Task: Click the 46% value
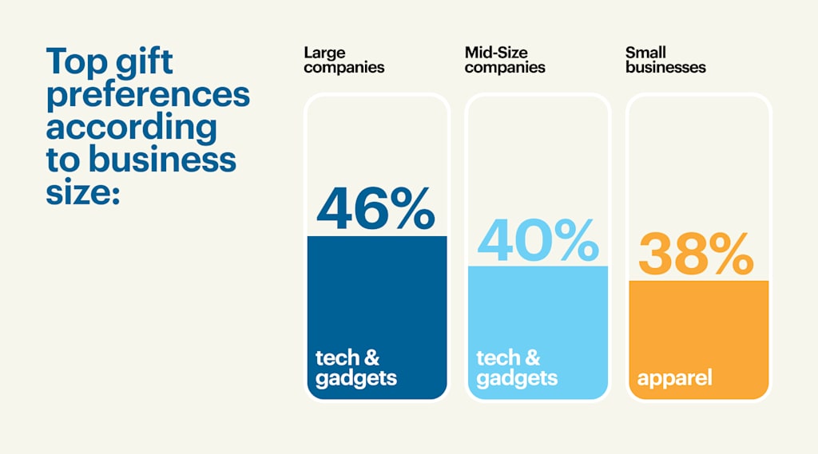click(x=375, y=209)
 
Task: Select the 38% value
click(x=696, y=255)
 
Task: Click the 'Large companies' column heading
click(x=343, y=60)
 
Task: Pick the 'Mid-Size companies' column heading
click(x=505, y=60)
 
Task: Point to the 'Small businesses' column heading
click(x=665, y=60)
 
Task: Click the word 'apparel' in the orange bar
click(x=674, y=377)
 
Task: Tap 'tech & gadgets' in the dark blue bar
click(x=355, y=368)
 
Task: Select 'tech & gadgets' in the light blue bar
click(x=516, y=368)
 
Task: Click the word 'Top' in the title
click(x=76, y=61)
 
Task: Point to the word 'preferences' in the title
click(x=148, y=95)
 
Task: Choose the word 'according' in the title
click(x=131, y=127)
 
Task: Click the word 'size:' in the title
click(x=82, y=192)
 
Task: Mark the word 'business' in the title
click(x=162, y=159)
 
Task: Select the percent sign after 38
click(x=726, y=255)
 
